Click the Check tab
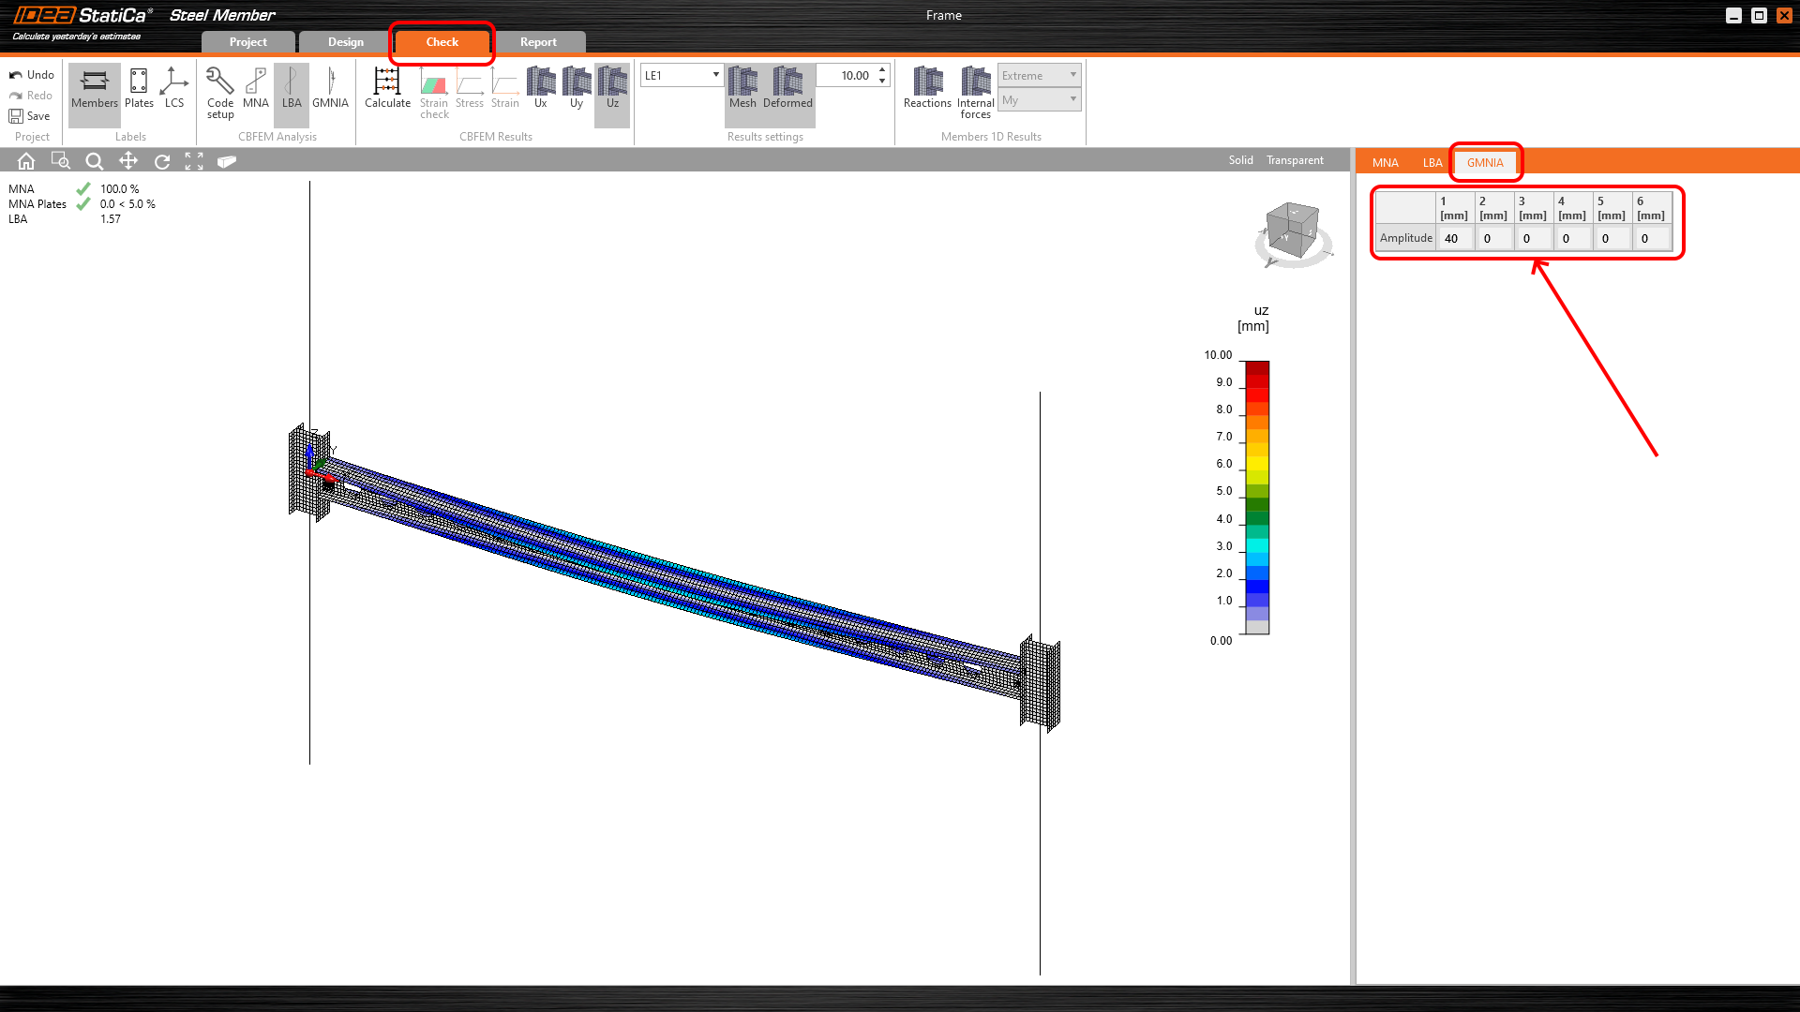[x=442, y=42]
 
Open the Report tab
[x=538, y=42]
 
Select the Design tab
[x=345, y=42]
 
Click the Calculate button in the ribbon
[x=387, y=88]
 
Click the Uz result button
[x=612, y=88]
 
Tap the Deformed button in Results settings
[x=787, y=88]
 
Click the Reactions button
[x=927, y=88]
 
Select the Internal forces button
[x=975, y=93]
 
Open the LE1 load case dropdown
[x=682, y=75]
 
